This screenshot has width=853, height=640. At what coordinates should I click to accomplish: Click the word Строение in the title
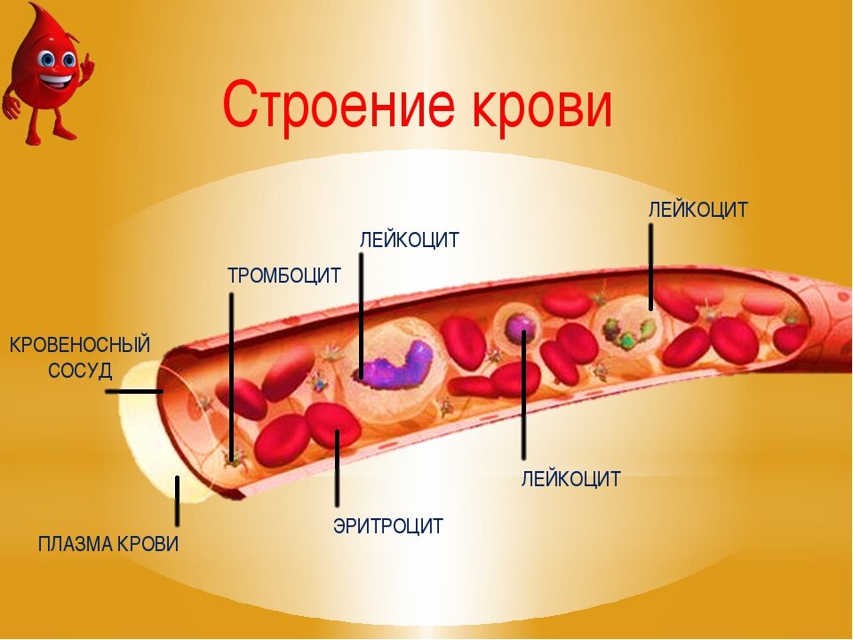point(329,105)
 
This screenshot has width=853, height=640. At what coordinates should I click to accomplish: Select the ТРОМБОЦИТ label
point(284,276)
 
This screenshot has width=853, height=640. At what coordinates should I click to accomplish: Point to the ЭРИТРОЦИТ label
point(387,526)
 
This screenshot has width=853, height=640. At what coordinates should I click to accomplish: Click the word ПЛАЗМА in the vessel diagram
point(76,544)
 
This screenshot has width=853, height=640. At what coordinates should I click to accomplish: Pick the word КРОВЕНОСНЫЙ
point(80,345)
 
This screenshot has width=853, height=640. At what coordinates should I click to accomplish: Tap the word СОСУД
point(80,371)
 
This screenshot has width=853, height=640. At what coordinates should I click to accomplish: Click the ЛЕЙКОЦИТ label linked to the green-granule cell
point(698,211)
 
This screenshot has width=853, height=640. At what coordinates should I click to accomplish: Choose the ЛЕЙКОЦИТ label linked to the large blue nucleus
point(409,240)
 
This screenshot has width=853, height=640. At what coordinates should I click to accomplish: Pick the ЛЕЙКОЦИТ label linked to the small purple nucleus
point(570,479)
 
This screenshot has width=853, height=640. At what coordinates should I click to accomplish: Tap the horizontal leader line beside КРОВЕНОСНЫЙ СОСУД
point(140,391)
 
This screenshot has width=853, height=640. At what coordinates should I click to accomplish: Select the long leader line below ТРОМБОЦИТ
point(232,373)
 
